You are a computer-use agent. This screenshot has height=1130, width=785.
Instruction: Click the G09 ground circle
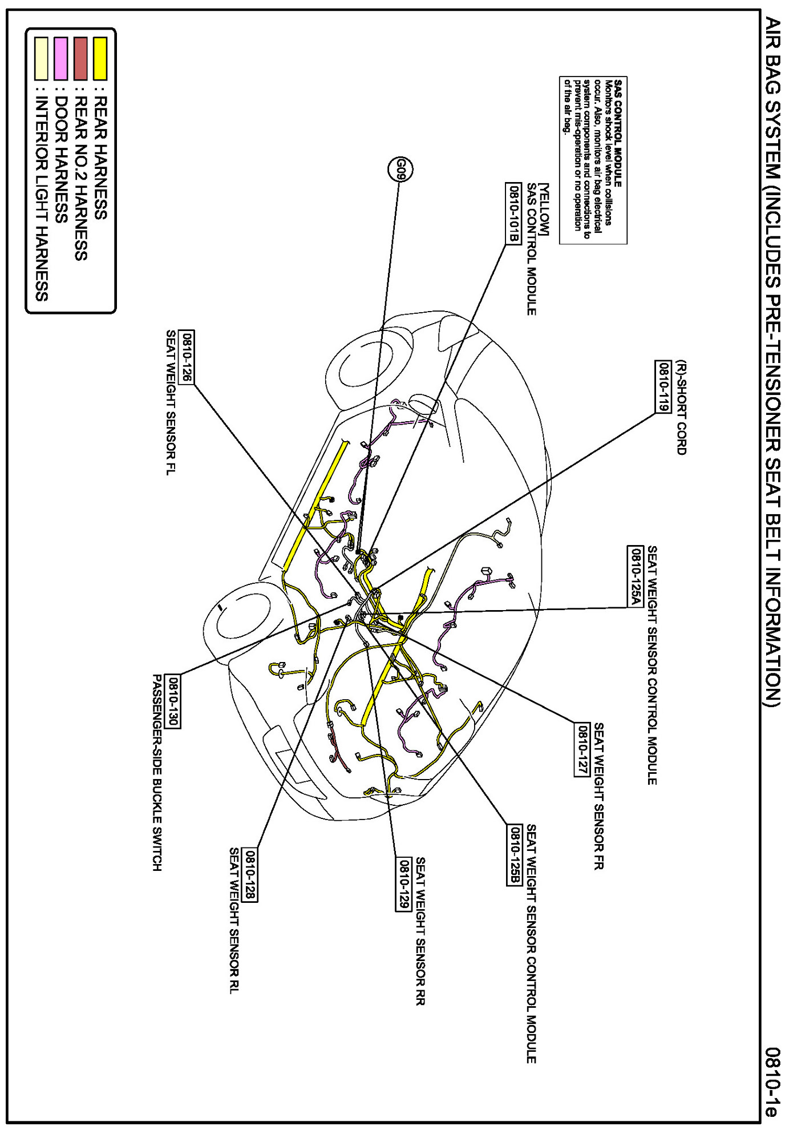coord(400,169)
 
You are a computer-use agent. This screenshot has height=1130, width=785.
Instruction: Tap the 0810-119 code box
coord(663,386)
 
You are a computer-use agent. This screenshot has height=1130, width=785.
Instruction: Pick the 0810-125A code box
coord(636,576)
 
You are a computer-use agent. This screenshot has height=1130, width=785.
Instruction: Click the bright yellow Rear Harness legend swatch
coord(100,58)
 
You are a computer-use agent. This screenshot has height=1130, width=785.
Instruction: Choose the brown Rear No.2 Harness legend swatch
coord(80,58)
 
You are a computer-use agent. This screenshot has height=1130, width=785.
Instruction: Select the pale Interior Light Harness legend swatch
coord(41,58)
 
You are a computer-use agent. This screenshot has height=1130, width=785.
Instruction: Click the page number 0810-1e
coord(771,1081)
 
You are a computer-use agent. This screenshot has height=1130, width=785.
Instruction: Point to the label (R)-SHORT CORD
coord(681,407)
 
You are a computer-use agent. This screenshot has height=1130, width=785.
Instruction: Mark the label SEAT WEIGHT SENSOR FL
coord(171,402)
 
